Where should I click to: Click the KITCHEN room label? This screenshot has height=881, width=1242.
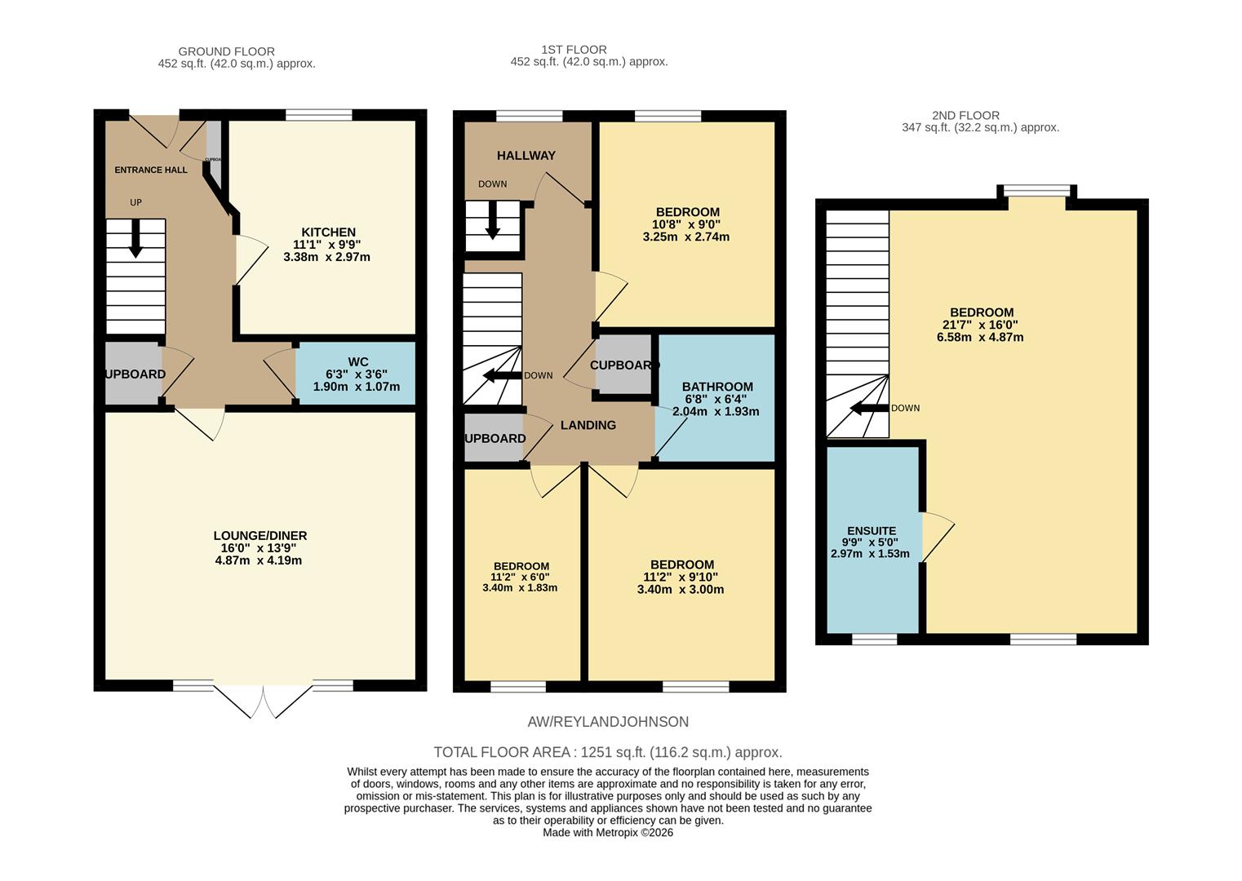328,232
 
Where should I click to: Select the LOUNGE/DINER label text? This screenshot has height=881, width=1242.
260,536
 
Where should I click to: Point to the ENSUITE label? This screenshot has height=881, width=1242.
871,530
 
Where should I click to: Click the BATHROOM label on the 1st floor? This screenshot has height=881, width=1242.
717,387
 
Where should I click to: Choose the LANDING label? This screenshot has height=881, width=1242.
588,425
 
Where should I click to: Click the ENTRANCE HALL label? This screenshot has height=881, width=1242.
151,170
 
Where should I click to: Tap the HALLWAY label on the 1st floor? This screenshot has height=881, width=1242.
526,156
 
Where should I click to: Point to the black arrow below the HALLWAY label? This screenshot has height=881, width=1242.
492,222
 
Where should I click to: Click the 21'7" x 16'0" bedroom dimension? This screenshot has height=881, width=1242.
980,325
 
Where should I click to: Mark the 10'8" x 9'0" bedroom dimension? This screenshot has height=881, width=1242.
686,224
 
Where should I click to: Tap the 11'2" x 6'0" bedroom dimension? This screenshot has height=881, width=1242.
521,577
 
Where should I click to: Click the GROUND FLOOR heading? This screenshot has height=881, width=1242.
226,51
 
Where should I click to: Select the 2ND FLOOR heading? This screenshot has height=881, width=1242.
965,116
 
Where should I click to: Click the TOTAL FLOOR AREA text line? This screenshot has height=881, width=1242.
607,752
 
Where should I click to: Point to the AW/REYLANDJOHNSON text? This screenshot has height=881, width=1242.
608,722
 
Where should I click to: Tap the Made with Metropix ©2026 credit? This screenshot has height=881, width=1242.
608,833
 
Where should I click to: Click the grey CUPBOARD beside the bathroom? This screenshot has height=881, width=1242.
623,365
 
